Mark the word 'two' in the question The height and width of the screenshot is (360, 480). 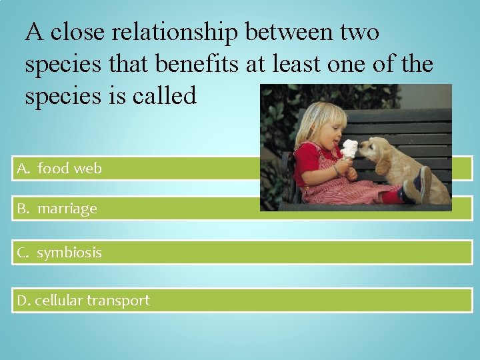(x=361, y=31)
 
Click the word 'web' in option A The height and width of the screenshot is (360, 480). (x=87, y=169)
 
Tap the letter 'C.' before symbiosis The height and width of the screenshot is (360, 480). (x=23, y=253)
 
